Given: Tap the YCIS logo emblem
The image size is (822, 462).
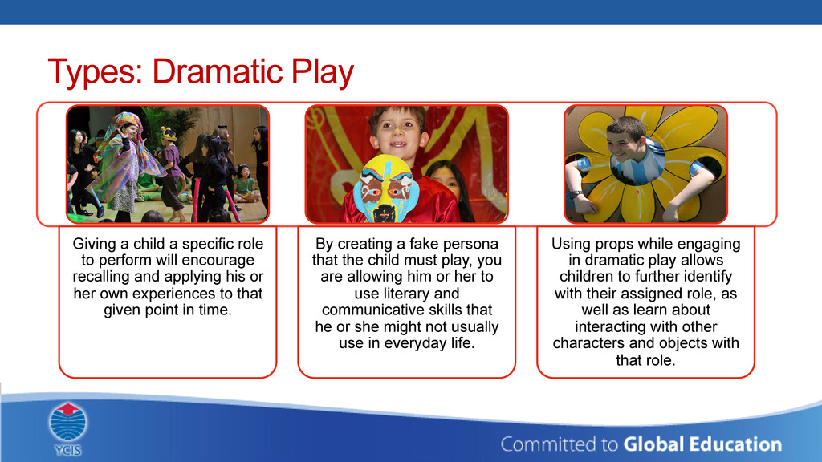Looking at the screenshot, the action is coord(68,422).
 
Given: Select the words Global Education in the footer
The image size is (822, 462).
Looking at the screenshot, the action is coord(702,444).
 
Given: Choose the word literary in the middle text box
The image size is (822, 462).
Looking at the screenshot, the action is coord(407,294).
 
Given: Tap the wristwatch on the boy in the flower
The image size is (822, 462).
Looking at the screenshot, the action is coord(576,195).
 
